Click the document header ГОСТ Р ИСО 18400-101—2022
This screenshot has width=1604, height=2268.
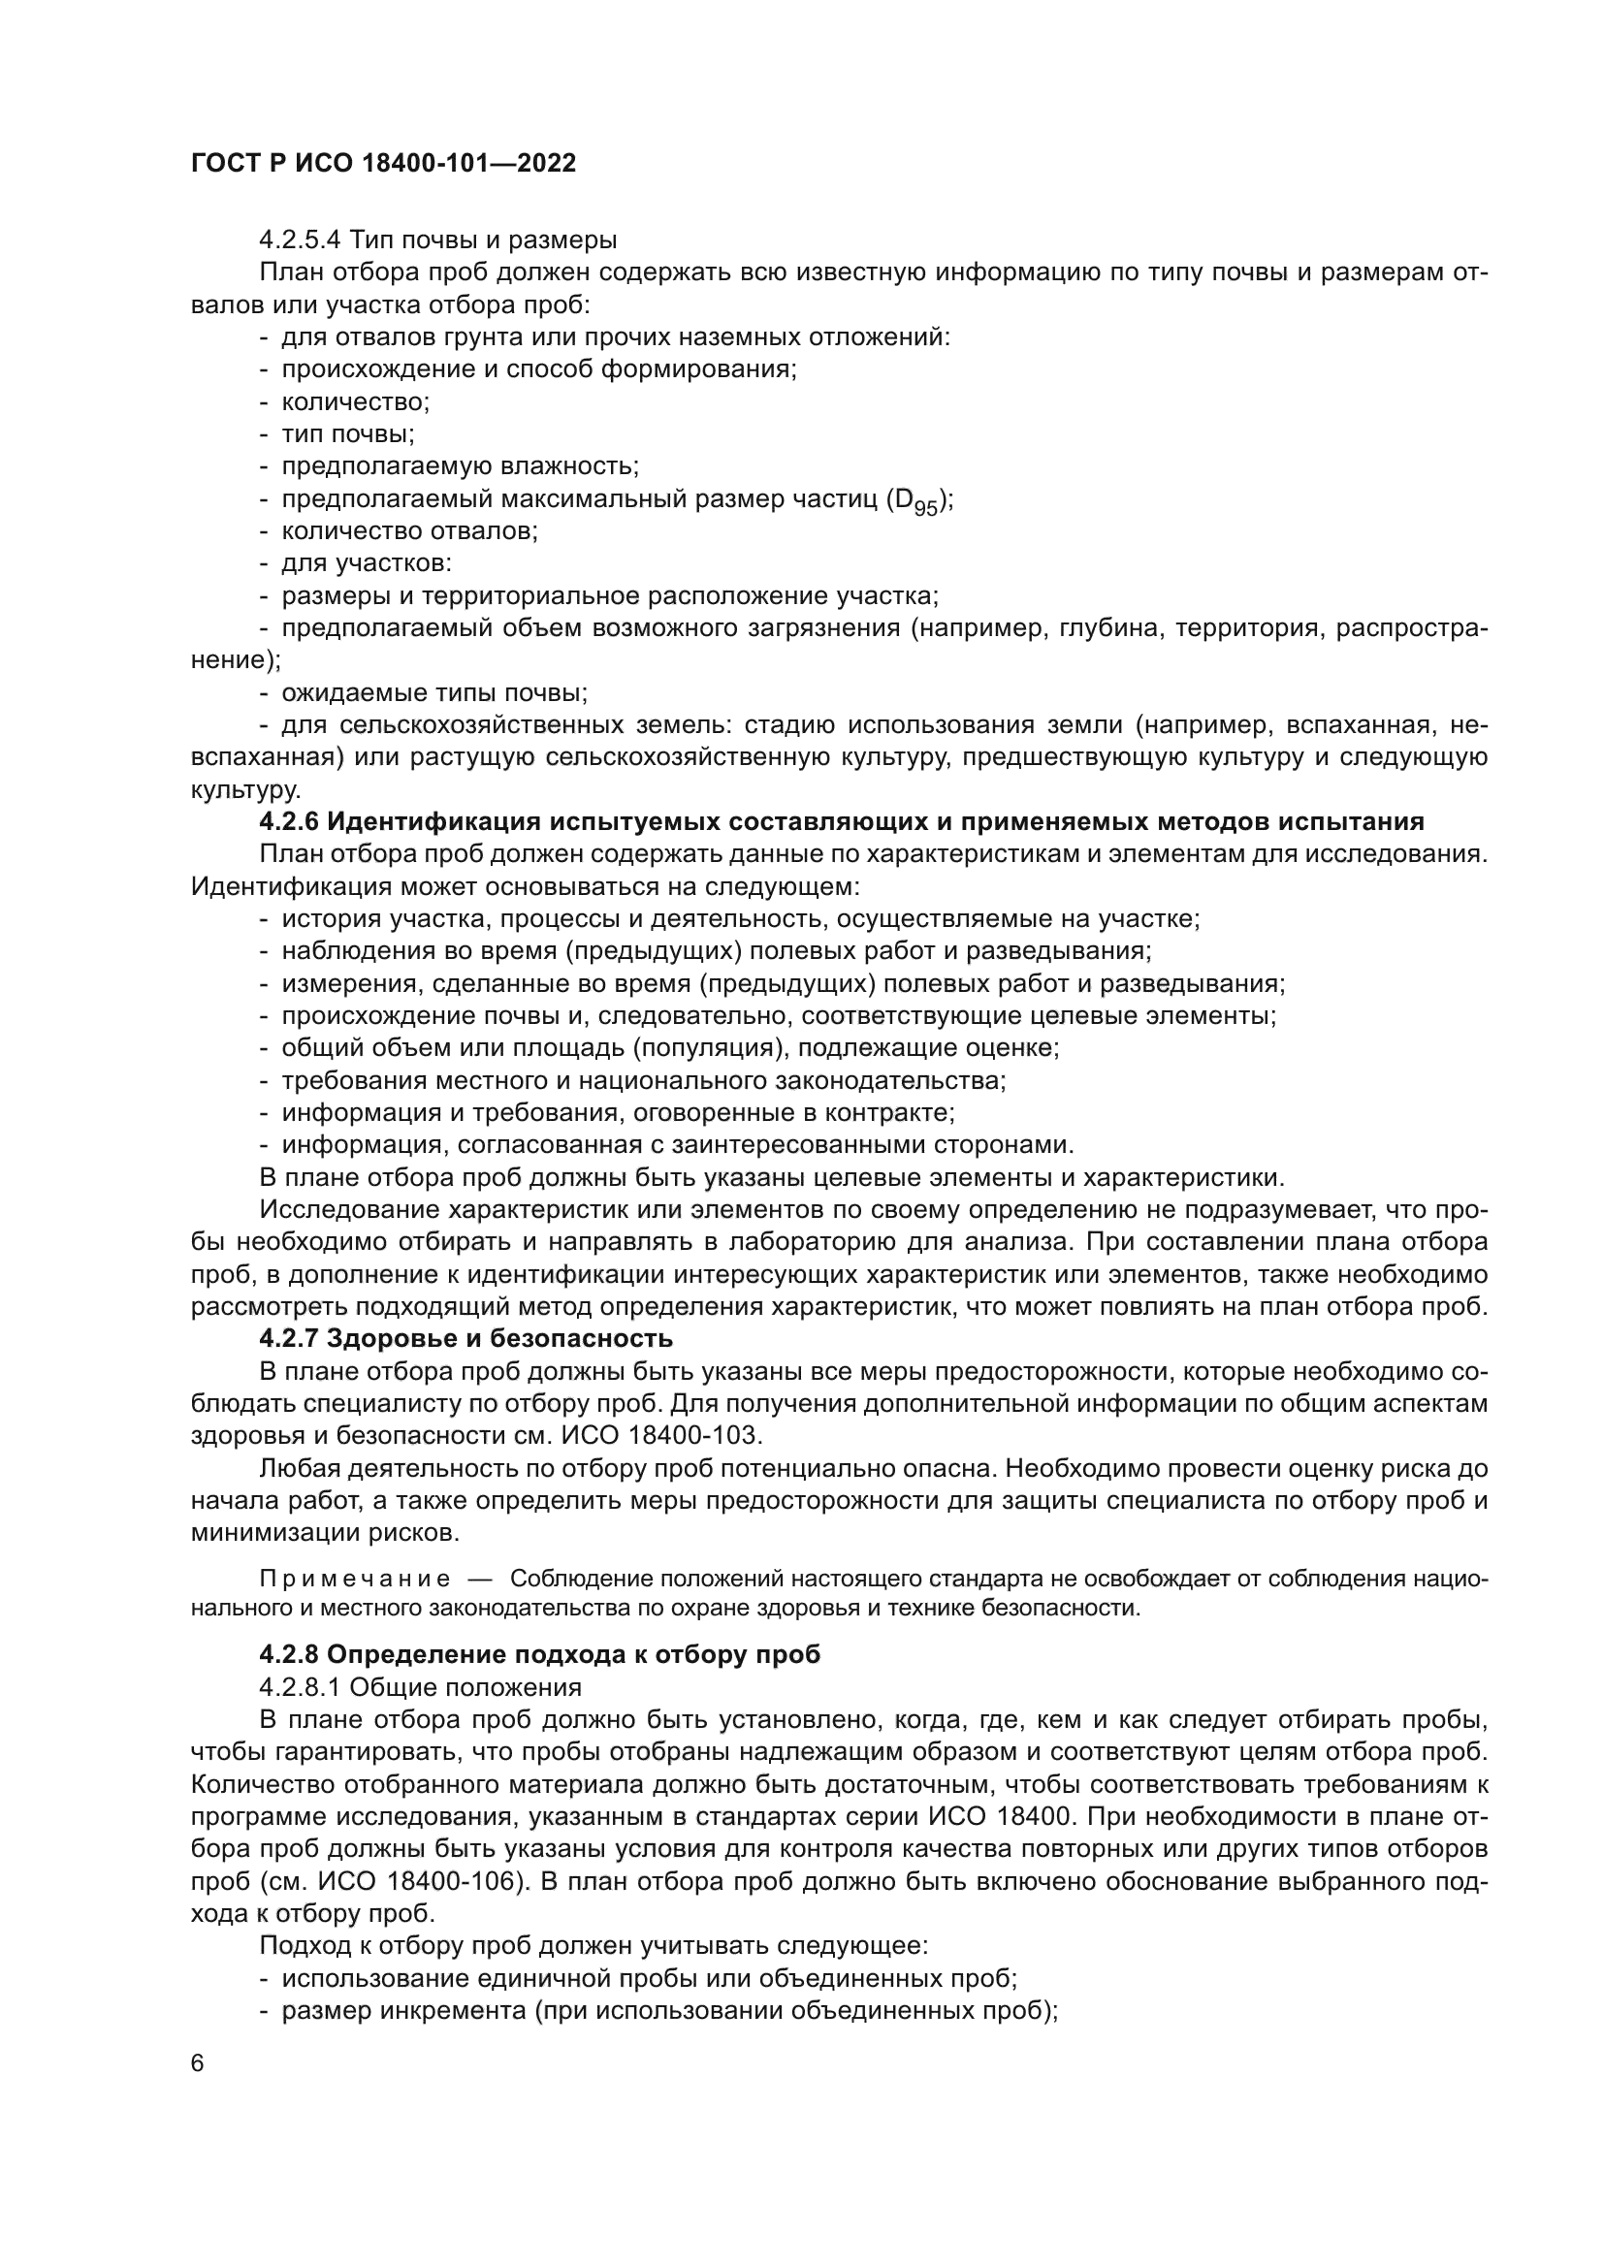click(383, 164)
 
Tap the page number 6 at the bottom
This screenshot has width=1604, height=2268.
click(198, 2063)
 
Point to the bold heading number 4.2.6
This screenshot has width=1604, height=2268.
click(288, 822)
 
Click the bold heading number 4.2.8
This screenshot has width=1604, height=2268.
click(288, 1654)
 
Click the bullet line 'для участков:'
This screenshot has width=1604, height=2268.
click(367, 564)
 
